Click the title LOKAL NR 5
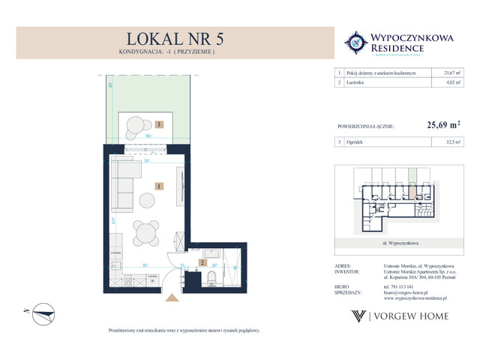(x=171, y=39)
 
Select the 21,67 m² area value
(x=448, y=73)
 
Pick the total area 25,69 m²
(x=443, y=127)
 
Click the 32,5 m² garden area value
(x=448, y=142)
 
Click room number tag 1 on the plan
(x=158, y=184)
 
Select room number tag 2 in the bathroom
(x=200, y=262)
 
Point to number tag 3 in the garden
(x=158, y=124)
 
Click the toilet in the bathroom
(x=211, y=279)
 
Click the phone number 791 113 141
(x=389, y=286)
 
